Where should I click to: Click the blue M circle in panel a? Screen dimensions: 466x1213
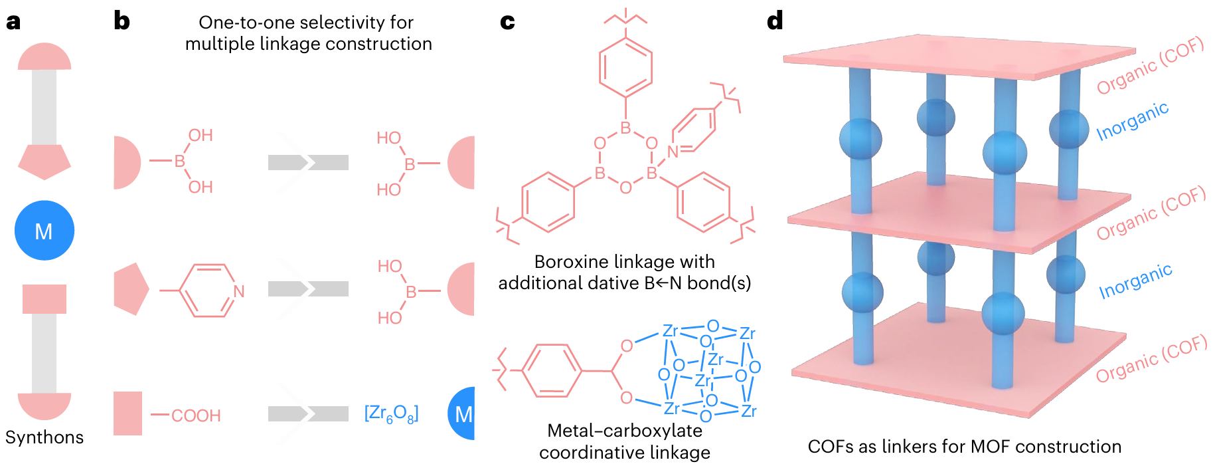click(x=44, y=231)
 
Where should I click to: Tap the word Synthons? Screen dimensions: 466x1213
click(x=44, y=437)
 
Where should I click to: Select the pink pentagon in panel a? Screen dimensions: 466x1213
click(x=44, y=162)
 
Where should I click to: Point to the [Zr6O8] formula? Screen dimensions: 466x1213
click(x=391, y=413)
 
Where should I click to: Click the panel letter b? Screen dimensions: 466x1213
click(x=121, y=21)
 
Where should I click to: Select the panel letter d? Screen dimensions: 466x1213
click(x=775, y=21)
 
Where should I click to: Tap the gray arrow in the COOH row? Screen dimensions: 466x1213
click(x=308, y=414)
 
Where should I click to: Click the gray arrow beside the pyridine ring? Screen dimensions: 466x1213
click(x=308, y=289)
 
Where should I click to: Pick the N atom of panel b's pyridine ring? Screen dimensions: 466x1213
click(x=239, y=291)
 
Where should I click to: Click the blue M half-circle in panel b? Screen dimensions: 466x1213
click(x=463, y=414)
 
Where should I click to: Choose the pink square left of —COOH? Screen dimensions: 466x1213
click(x=127, y=413)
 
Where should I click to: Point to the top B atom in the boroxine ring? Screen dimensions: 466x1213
click(x=625, y=128)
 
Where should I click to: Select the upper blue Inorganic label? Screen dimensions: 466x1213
click(x=1132, y=122)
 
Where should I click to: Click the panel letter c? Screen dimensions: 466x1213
click(x=507, y=22)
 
